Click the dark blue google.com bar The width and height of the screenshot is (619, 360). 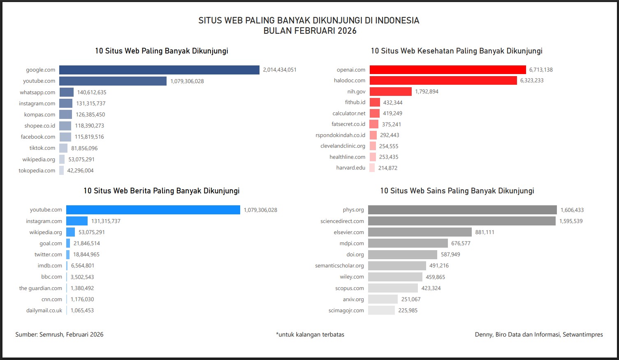point(159,70)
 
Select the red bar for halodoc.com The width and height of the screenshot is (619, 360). point(443,81)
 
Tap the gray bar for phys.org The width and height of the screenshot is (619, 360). point(462,210)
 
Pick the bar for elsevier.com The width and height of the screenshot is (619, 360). point(420,232)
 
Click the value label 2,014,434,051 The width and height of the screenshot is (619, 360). point(280,70)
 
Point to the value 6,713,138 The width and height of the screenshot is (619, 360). point(541,70)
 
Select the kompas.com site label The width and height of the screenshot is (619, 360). point(39,115)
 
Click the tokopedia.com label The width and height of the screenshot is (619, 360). point(37,171)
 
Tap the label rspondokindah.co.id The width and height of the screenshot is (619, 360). point(340,135)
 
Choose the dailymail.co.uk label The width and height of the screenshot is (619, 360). point(44,311)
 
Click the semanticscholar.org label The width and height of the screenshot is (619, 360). point(339,266)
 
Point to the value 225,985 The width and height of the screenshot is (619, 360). point(408,311)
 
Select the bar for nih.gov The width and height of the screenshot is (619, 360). point(390,91)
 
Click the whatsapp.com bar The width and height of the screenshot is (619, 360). point(66,93)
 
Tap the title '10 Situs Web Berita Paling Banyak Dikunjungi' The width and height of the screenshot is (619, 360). point(161,191)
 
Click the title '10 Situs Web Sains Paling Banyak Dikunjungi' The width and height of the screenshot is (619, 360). point(457,191)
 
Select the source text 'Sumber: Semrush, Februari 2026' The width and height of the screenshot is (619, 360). point(59,334)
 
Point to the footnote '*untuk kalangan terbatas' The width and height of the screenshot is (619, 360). point(310,334)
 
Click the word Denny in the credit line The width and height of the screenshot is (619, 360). point(483,334)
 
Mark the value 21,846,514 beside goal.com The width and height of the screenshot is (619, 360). point(87,244)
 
